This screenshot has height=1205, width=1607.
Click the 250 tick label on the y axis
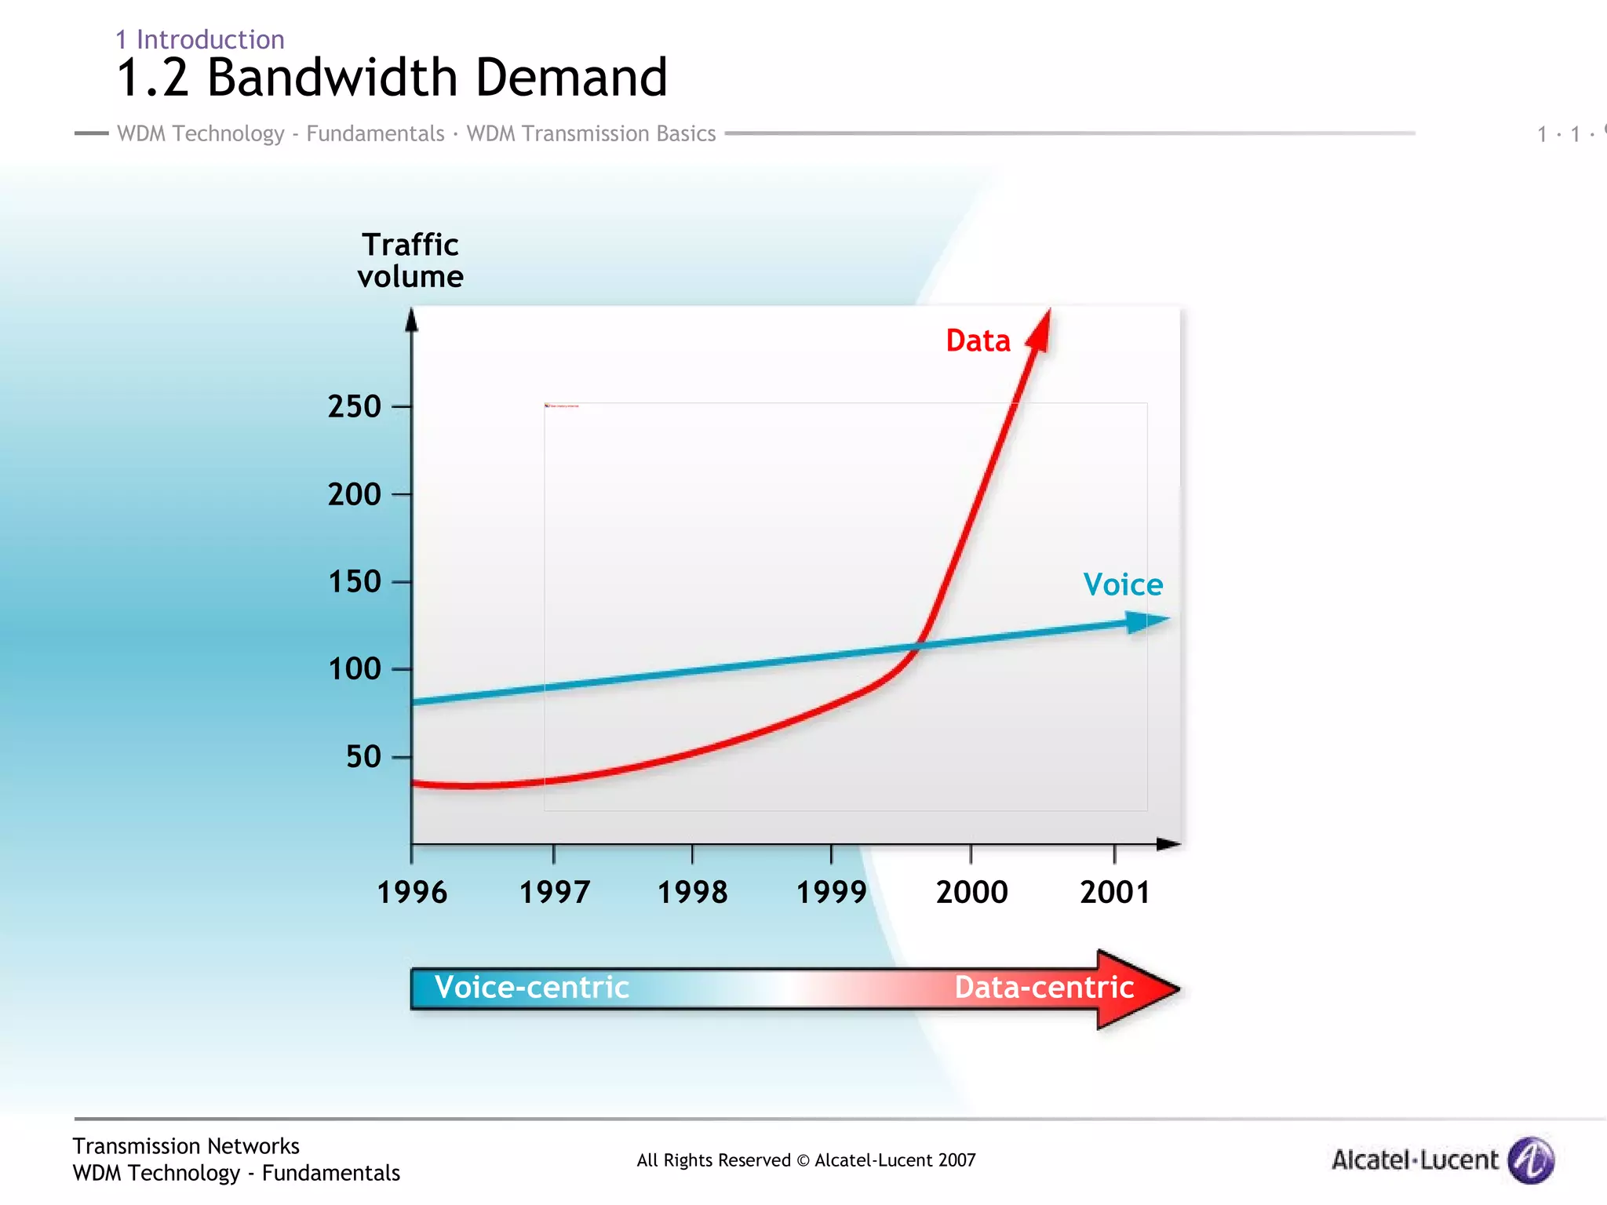(x=355, y=406)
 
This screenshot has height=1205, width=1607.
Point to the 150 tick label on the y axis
(x=355, y=582)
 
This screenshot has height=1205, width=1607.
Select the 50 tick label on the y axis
(x=363, y=757)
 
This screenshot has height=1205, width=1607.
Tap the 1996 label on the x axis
(x=412, y=893)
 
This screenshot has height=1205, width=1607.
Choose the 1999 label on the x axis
(x=831, y=893)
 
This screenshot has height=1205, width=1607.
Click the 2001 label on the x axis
(x=1114, y=893)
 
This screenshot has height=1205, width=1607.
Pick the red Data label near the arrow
(x=978, y=341)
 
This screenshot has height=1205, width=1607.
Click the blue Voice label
(x=1123, y=585)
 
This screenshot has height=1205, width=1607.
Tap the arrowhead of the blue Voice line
(x=1147, y=621)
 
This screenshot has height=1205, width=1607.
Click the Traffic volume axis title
(x=410, y=260)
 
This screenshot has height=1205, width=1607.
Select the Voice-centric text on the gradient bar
(x=532, y=988)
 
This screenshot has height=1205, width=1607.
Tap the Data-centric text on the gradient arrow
(x=1044, y=988)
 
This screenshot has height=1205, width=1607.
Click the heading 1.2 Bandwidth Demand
(x=392, y=78)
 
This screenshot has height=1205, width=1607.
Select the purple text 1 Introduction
(x=200, y=39)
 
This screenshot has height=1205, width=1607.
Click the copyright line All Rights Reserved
(x=806, y=1160)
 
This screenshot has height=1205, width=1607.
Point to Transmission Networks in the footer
(x=186, y=1146)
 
